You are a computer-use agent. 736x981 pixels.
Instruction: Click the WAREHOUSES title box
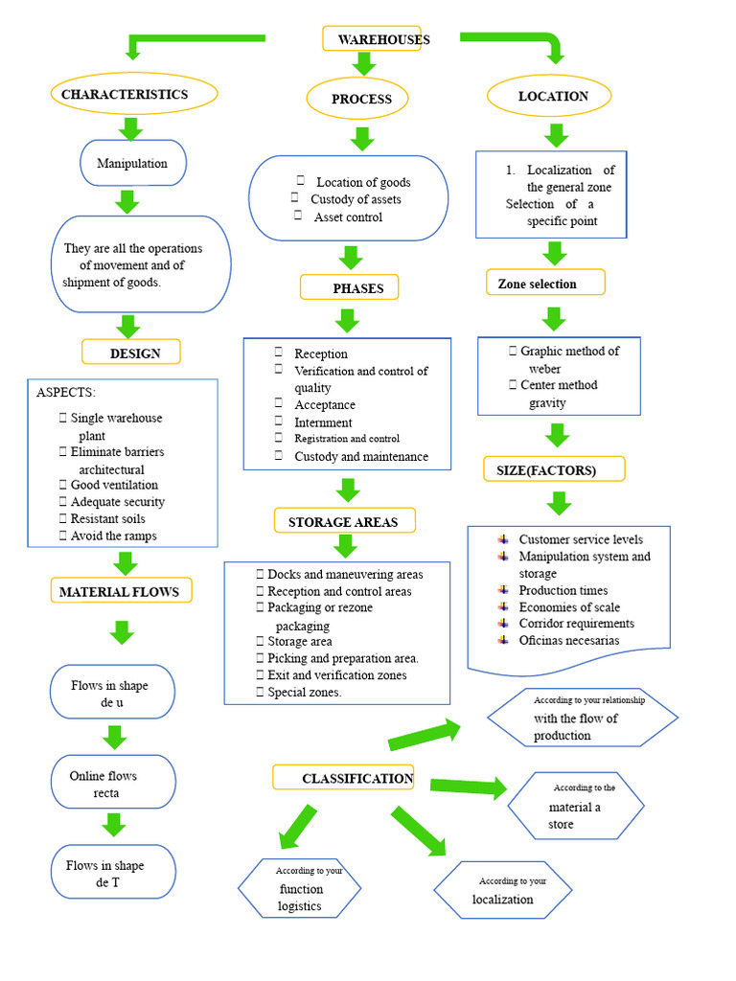point(372,39)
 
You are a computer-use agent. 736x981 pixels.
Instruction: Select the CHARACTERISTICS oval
point(133,94)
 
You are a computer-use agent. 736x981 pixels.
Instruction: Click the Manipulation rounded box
point(133,163)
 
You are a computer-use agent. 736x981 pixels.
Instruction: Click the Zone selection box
point(545,283)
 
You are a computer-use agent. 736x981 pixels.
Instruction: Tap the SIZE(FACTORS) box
point(554,469)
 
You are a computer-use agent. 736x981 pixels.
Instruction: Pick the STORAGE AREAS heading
point(345,521)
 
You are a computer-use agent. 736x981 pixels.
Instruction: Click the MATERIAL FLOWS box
point(121,591)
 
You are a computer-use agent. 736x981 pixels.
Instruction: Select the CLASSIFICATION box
point(344,778)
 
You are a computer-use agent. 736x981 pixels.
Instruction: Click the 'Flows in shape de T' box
point(113,873)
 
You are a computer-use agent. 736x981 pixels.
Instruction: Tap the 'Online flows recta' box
point(113,783)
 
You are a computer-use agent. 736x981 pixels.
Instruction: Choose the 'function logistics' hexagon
point(300,888)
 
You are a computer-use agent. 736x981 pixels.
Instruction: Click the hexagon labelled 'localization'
point(503,890)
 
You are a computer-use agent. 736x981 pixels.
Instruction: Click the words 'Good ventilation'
point(113,485)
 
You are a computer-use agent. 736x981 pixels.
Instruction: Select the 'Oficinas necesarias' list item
point(568,640)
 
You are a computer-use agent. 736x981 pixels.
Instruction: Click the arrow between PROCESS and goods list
point(361,139)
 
